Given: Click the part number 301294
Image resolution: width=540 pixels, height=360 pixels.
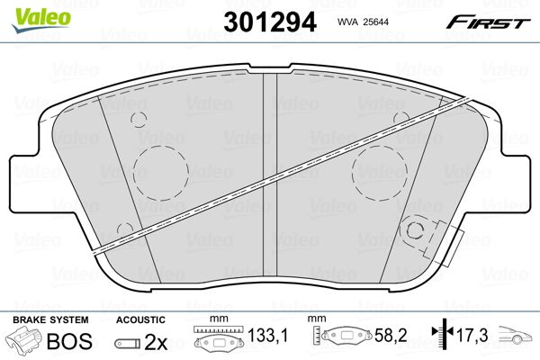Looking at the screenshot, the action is coord(270,22).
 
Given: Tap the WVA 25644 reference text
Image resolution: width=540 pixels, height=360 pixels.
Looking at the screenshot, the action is coord(363,22).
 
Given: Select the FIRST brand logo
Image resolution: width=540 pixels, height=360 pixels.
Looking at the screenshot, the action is coord(488,22).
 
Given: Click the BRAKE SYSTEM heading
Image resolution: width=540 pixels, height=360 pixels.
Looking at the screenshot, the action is coord(50,319).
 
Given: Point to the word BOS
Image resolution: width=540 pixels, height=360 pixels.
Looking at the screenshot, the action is coord(69,341).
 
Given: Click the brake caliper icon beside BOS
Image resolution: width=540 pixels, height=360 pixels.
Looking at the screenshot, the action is coord(23,339).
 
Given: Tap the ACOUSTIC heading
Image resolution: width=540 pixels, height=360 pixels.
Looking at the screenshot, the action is coord(140,319).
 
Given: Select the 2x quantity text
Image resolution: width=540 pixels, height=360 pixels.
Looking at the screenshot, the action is coord(156,341).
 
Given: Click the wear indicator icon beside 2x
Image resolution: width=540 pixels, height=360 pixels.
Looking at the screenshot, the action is coord(128,343).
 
